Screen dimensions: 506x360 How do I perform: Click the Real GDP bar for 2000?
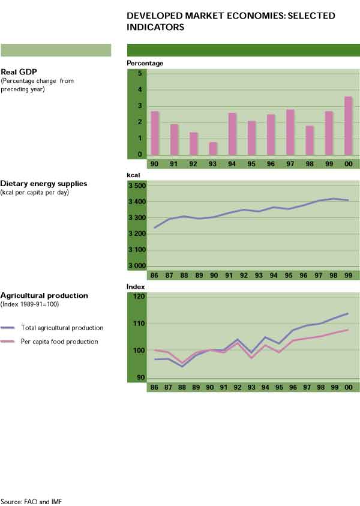348,126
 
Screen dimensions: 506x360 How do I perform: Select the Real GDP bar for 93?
213,148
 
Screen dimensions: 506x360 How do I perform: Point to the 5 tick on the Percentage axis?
140,74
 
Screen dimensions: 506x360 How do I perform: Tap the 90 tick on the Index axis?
139,377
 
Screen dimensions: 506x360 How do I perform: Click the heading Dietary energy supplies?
44,183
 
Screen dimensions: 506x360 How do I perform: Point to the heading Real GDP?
19,71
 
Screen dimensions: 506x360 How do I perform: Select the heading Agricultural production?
44,295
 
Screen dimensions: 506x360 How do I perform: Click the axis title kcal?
133,175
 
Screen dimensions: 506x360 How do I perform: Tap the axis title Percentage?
145,63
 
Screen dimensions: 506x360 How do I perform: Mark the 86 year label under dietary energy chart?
155,275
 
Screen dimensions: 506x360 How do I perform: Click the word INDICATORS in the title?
155,27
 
